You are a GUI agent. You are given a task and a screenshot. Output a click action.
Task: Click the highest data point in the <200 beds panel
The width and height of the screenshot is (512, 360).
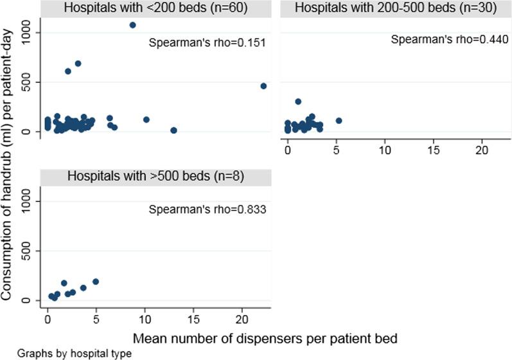click(x=132, y=25)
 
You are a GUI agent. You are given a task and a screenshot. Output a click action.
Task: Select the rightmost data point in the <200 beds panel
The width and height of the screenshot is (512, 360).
click(x=263, y=85)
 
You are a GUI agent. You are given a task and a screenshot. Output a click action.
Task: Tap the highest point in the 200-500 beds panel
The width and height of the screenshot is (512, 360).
click(x=298, y=102)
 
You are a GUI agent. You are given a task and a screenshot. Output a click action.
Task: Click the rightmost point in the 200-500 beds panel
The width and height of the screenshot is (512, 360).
click(x=339, y=120)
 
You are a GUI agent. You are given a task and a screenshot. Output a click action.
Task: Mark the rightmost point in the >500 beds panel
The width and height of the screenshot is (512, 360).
click(x=96, y=282)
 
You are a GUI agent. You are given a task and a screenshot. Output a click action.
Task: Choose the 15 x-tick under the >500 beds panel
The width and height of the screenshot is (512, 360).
click(x=193, y=318)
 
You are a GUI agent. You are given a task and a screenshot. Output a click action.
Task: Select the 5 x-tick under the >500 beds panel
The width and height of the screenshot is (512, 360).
click(x=96, y=318)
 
